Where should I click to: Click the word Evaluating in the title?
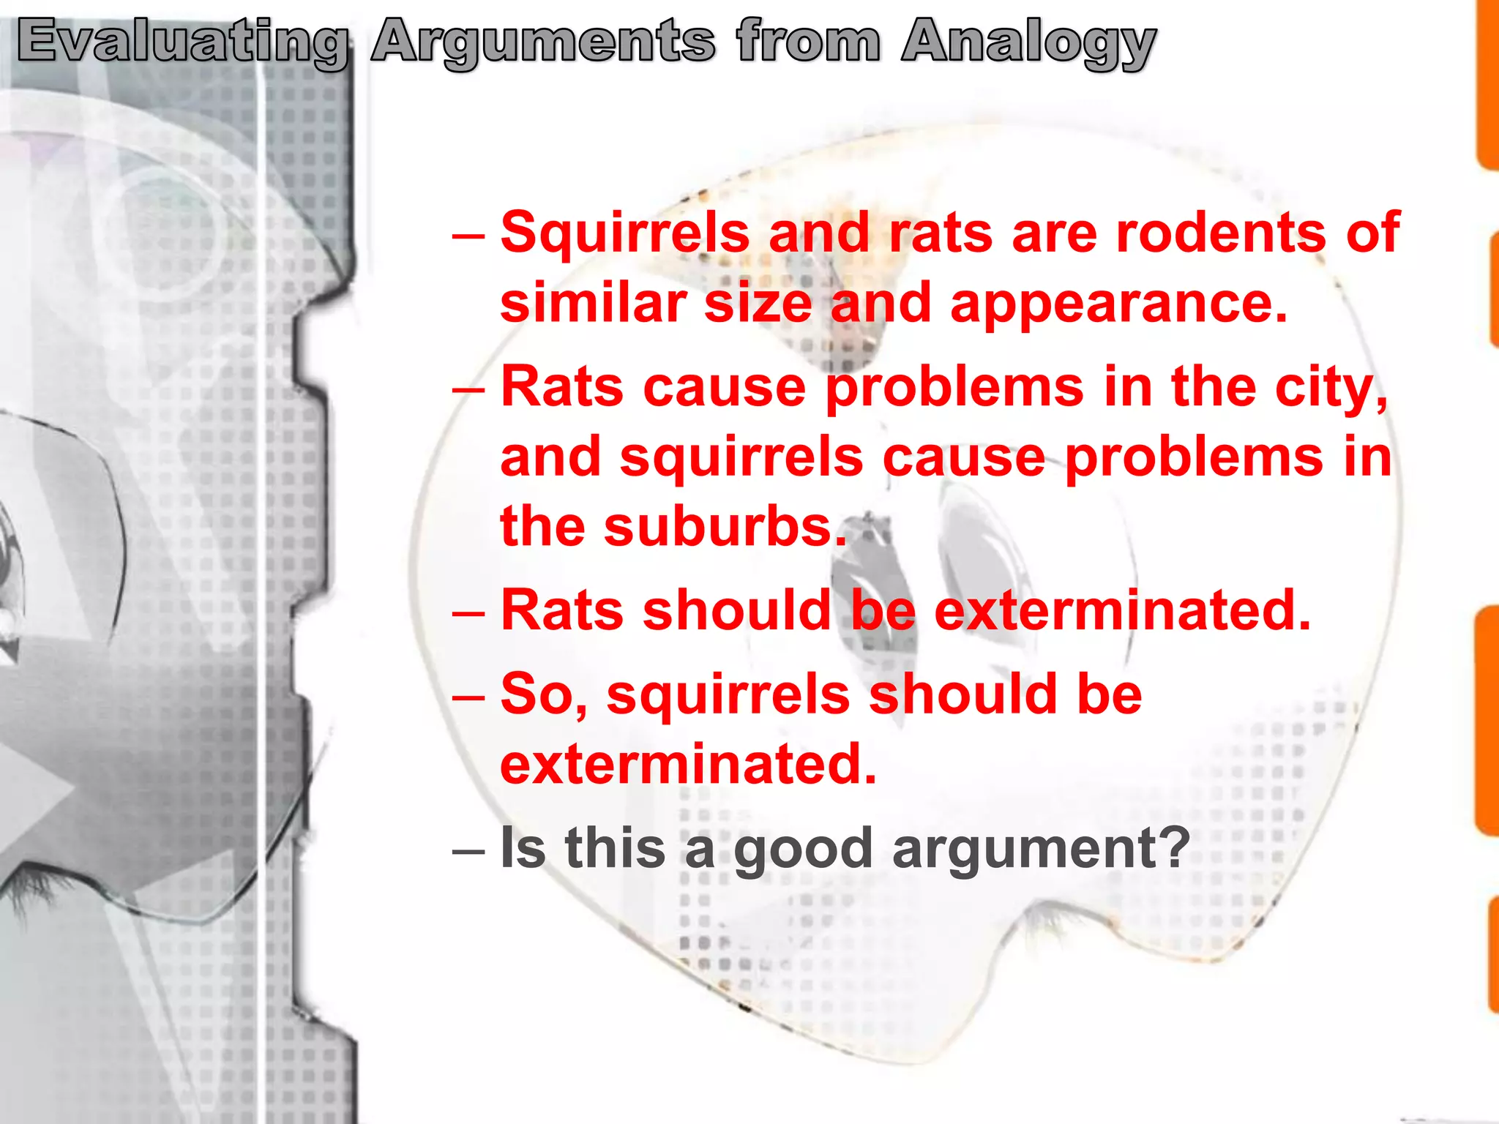[x=182, y=42]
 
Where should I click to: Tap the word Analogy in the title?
[x=1028, y=42]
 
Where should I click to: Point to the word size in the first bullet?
[x=758, y=303]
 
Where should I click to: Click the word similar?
[x=593, y=303]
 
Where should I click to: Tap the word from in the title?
[x=808, y=42]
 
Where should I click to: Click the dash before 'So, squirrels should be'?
[x=468, y=696]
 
